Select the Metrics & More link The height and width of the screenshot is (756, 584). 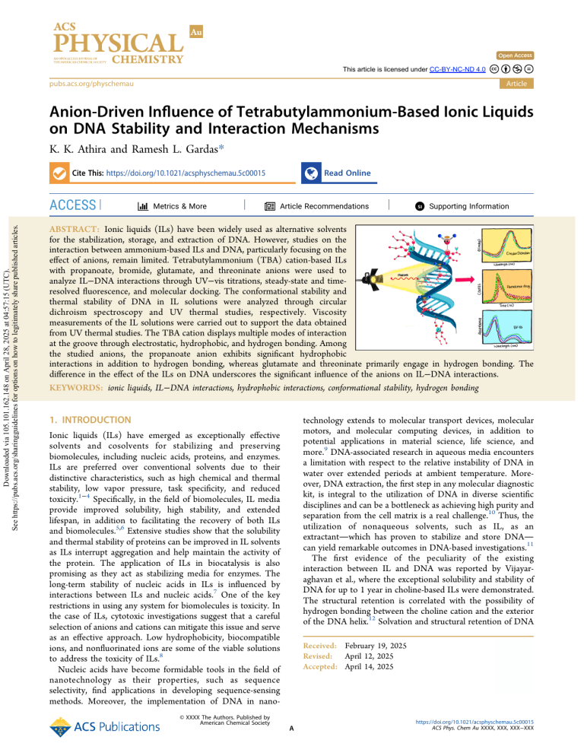click(173, 206)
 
